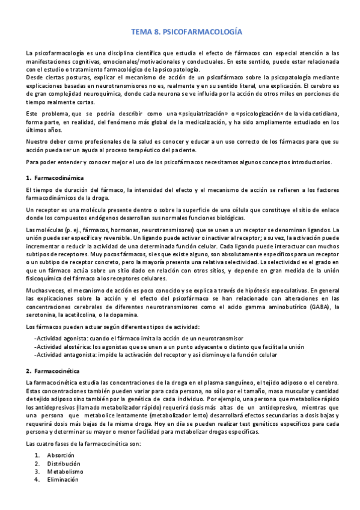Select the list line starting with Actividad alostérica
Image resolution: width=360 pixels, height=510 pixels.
pos(169,347)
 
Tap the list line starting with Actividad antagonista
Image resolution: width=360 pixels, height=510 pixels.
pos(156,355)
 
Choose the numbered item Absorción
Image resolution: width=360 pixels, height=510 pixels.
pos(60,455)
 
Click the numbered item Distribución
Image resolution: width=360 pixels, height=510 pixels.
pos(64,464)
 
